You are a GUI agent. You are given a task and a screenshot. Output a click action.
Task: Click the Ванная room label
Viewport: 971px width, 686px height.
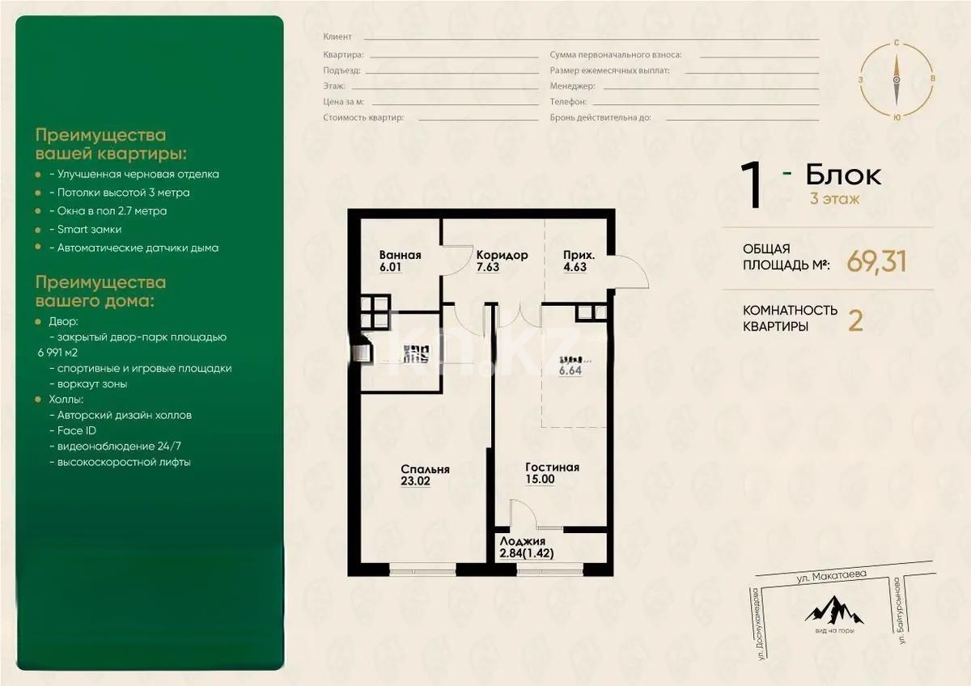(x=400, y=255)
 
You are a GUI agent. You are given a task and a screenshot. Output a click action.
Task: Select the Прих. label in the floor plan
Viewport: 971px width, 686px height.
(x=580, y=255)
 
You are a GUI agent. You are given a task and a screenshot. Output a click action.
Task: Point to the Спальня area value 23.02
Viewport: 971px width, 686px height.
(x=417, y=481)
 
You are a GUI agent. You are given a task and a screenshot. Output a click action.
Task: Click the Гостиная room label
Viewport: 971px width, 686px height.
(x=552, y=468)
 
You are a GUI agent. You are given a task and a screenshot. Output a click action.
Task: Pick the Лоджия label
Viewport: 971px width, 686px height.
(x=522, y=542)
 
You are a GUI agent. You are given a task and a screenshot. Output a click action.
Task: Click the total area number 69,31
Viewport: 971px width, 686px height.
(x=876, y=260)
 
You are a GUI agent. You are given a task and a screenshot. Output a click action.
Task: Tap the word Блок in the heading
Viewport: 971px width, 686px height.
(x=843, y=175)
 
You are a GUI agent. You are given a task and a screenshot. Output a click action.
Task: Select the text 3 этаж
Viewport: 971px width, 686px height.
(x=834, y=198)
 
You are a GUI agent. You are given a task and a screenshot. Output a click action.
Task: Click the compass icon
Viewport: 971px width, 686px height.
(x=897, y=79)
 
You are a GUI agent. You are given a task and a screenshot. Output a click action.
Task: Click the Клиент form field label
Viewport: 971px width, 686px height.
(x=337, y=37)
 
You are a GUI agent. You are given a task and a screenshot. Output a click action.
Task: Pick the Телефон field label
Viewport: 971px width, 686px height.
(x=568, y=102)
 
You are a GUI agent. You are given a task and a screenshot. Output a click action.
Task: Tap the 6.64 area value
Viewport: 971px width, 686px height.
(x=570, y=371)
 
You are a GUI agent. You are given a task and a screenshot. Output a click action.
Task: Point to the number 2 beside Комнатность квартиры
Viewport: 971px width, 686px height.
(x=854, y=320)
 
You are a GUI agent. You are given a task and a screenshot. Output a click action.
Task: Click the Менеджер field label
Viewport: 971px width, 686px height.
(x=572, y=86)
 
